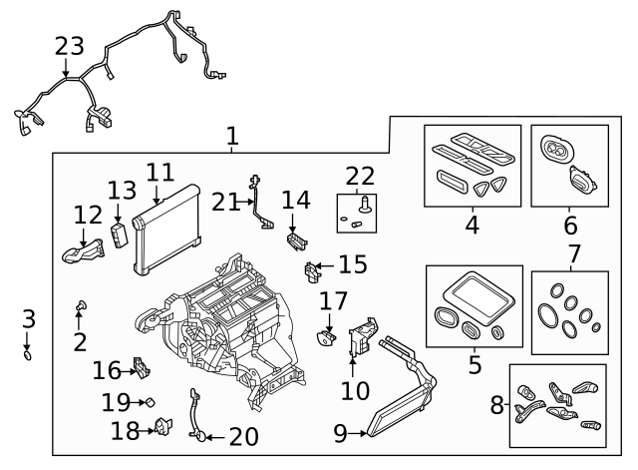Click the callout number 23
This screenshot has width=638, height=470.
pos(70,48)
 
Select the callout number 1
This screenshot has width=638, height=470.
pos(232,135)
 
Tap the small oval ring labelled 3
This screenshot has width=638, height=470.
pos(28,354)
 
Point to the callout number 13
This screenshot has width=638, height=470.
pos(121,191)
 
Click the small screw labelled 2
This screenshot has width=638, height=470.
pos(80,304)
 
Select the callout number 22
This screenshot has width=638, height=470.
pos(360,177)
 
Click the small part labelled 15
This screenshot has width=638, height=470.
pos(311,269)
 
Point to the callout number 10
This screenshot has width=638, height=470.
pos(355,390)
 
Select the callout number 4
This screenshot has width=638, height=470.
pos(472,226)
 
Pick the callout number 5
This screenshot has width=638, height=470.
pos(475,365)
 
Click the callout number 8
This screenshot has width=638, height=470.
pos(496,406)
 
